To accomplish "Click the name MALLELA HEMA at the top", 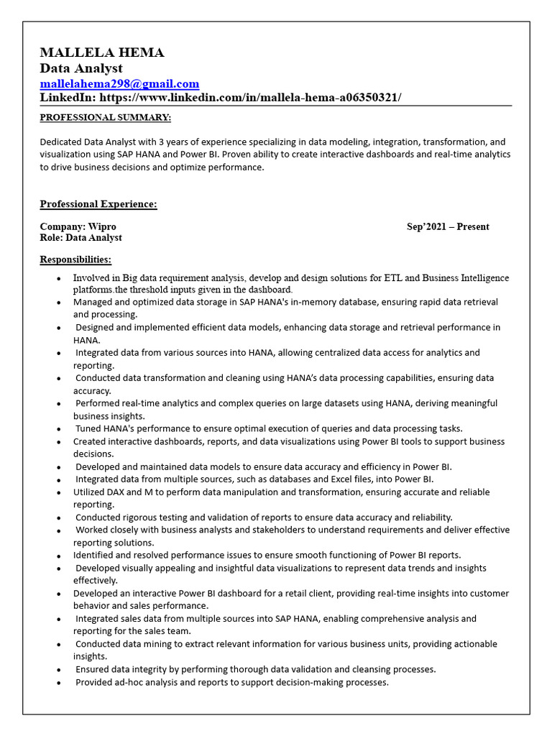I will [x=102, y=52].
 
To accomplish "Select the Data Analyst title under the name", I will [x=81, y=68].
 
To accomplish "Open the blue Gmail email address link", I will [x=119, y=83].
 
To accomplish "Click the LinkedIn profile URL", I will [x=249, y=98].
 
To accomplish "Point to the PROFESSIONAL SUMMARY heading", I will [x=105, y=117].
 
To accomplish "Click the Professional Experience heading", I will [x=98, y=204].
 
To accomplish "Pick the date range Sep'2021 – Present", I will [x=448, y=226].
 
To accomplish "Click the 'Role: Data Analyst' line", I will [x=80, y=238].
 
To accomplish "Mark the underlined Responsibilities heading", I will [x=75, y=259].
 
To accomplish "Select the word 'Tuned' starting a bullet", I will [x=89, y=428].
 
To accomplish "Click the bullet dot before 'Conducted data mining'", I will [x=58, y=644].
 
